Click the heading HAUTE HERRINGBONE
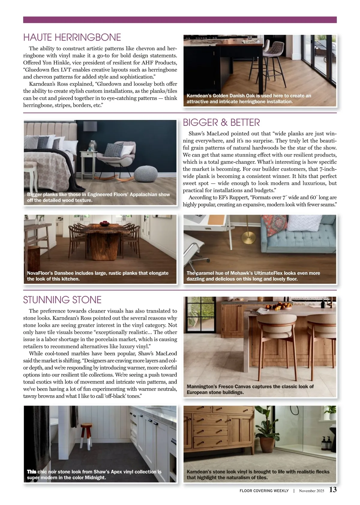click(x=72, y=37)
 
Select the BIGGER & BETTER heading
click(x=221, y=123)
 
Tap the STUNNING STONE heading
click(x=62, y=300)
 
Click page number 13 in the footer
click(x=333, y=489)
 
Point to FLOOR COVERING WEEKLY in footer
click(x=264, y=491)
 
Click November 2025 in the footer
click(x=311, y=491)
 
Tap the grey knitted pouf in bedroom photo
click(x=146, y=173)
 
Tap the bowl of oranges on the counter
click(x=282, y=306)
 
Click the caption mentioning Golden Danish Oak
click(x=249, y=99)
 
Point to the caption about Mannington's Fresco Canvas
click(x=250, y=389)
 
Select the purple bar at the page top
click(x=180, y=20)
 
